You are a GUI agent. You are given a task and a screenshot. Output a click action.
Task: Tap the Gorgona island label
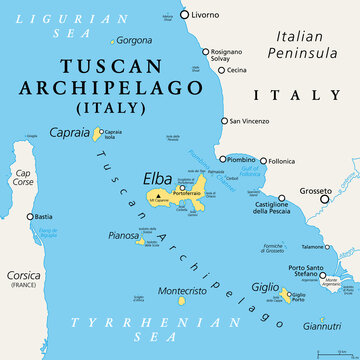135,40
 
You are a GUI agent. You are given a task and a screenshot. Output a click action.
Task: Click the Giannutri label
323,326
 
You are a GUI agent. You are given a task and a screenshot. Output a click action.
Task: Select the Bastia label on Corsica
43,216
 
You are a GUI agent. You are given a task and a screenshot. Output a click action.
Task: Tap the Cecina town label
236,70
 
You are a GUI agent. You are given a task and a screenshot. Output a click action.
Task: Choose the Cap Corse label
21,178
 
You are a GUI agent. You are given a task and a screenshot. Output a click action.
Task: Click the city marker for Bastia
28,216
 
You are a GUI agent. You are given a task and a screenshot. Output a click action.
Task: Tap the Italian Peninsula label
308,43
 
